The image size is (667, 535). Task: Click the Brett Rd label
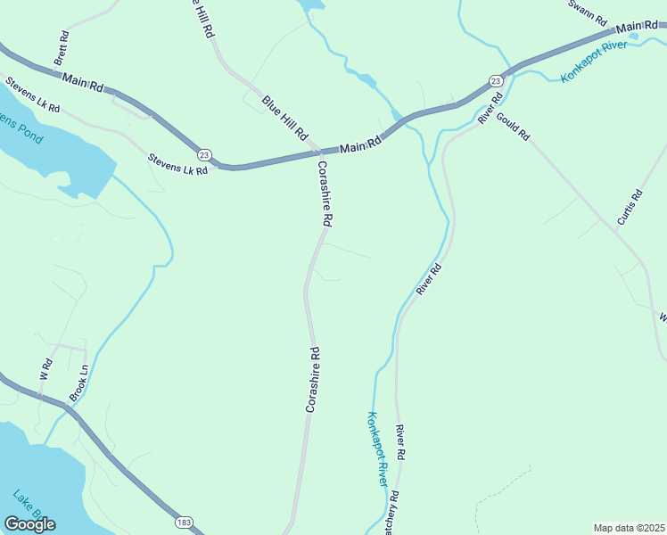coord(61,48)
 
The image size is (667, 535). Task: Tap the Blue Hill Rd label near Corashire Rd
coord(285,117)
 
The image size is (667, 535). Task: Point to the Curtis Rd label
coord(630,207)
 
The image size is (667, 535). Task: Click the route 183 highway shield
coord(185,522)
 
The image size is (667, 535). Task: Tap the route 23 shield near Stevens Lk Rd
coord(204,153)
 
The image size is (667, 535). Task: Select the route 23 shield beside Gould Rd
coord(496,81)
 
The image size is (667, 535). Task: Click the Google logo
coord(29,523)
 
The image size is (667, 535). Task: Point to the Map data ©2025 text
coord(629,528)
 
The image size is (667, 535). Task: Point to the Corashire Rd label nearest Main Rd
coord(325,193)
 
